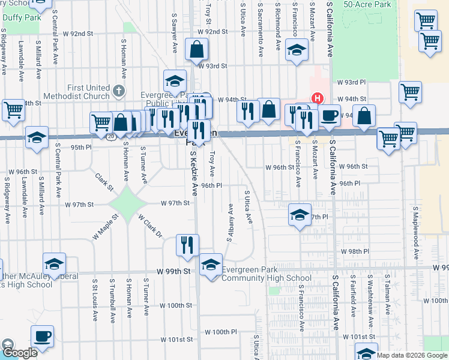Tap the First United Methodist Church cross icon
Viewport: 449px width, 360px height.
(x=118, y=92)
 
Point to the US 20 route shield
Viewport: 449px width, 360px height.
(x=111, y=137)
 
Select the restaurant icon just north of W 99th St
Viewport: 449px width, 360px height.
(x=187, y=244)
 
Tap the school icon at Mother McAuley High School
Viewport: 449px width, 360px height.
(x=54, y=264)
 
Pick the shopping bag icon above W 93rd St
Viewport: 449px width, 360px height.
(x=197, y=50)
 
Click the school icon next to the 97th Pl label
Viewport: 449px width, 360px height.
(x=300, y=215)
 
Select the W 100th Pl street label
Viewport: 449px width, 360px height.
(x=221, y=332)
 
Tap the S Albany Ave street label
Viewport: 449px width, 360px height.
(x=230, y=222)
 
